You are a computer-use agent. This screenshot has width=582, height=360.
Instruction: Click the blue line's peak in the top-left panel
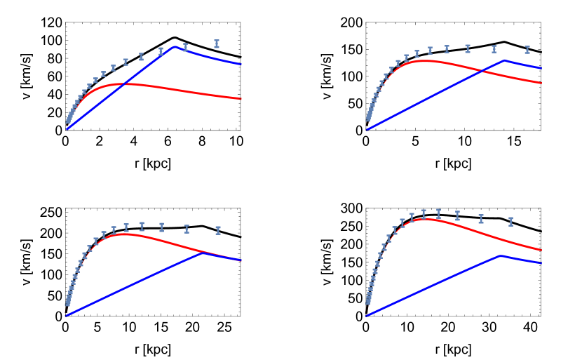(x=174, y=46)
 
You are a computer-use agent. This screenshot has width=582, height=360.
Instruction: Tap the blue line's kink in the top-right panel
(x=504, y=60)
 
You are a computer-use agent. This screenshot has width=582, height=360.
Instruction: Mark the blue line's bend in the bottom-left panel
(x=203, y=253)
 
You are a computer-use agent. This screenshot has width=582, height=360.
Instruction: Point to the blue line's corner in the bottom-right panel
(x=501, y=255)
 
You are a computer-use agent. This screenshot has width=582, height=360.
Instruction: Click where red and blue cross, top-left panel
(x=123, y=84)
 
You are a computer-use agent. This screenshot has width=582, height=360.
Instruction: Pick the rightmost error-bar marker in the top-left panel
(x=217, y=44)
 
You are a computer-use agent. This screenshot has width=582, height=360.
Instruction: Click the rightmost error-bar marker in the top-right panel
(x=527, y=50)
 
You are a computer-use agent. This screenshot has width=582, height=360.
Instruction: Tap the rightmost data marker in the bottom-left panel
(x=218, y=230)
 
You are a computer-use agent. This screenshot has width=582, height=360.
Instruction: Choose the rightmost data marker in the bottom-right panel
(x=510, y=222)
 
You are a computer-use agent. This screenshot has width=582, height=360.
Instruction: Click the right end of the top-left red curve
(x=242, y=99)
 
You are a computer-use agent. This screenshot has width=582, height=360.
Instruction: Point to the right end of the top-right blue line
(x=542, y=69)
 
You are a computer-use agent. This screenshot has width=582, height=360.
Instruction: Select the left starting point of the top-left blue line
(x=67, y=129)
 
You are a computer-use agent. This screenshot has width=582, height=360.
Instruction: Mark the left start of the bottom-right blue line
(x=365, y=316)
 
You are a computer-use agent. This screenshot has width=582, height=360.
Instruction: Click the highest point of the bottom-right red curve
(x=424, y=219)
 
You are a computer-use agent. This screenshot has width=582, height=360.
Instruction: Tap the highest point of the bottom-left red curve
(x=125, y=234)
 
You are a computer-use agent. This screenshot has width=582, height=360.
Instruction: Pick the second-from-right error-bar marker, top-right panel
(x=494, y=49)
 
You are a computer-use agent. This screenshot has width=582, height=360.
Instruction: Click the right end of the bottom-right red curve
(x=542, y=251)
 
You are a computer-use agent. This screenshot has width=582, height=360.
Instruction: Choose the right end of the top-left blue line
(x=242, y=65)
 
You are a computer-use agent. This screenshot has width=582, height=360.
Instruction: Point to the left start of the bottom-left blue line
(x=66, y=316)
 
